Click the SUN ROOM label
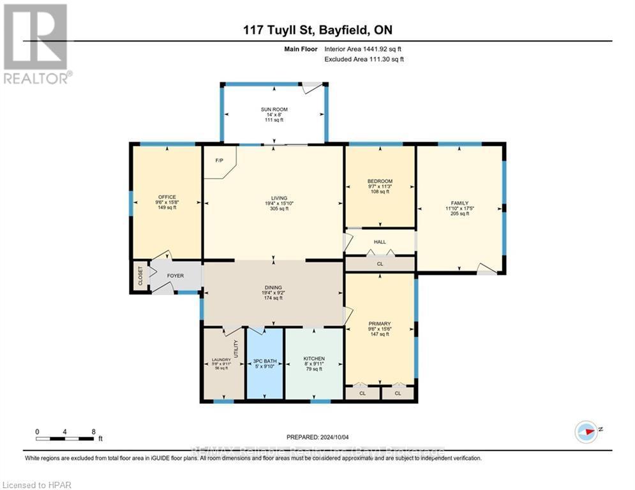(x=273, y=110)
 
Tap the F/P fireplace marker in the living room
(x=219, y=161)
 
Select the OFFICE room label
(x=167, y=197)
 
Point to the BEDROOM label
(x=380, y=181)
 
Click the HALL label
(x=380, y=242)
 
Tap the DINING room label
(x=273, y=288)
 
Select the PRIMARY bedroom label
(x=380, y=323)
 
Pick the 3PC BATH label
(x=264, y=359)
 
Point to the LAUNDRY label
(x=221, y=360)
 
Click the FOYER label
(x=176, y=276)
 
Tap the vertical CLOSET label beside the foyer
(x=140, y=276)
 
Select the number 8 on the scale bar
(x=93, y=431)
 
